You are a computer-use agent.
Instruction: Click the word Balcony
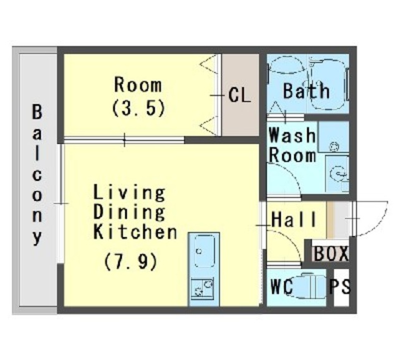pos(37,175)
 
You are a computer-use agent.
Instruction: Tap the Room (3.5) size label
pos(138,107)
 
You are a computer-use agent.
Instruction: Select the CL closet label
pos(239,95)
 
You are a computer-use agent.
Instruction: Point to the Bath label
pos(306,90)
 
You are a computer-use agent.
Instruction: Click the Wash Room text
pos(292,145)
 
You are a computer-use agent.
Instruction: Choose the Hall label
pos(294,219)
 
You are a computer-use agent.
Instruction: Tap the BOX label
pos(331,253)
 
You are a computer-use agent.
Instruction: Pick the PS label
pos(340,286)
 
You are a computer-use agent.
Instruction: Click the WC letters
pos(281,286)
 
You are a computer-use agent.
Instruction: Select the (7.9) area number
pos(130,261)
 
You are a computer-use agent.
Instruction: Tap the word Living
pos(129,193)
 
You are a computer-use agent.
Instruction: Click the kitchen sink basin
pos(204,251)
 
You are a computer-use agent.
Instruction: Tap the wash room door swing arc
pos(292,173)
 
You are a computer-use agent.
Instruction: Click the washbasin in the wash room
pos(337,173)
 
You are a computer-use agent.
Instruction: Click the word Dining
pos(129,212)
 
